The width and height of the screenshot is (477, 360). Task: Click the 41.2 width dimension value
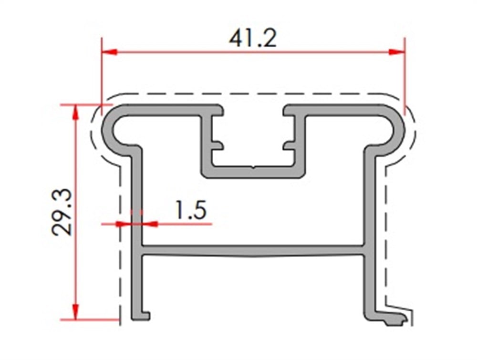click(x=252, y=38)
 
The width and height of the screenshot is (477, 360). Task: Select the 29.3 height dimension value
click(x=62, y=212)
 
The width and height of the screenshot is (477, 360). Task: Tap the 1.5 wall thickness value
click(x=190, y=210)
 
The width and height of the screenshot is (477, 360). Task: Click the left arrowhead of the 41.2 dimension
click(x=109, y=51)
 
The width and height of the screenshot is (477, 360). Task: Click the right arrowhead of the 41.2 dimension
click(x=397, y=51)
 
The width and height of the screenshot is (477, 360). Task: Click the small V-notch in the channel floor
click(x=253, y=167)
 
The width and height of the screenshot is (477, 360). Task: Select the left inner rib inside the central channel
click(x=217, y=144)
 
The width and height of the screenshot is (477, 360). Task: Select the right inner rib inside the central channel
click(x=289, y=144)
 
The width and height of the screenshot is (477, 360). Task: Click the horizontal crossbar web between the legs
click(x=253, y=250)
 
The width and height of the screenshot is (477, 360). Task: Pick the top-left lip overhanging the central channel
click(x=215, y=110)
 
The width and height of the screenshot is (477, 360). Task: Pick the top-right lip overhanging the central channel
click(x=292, y=110)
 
